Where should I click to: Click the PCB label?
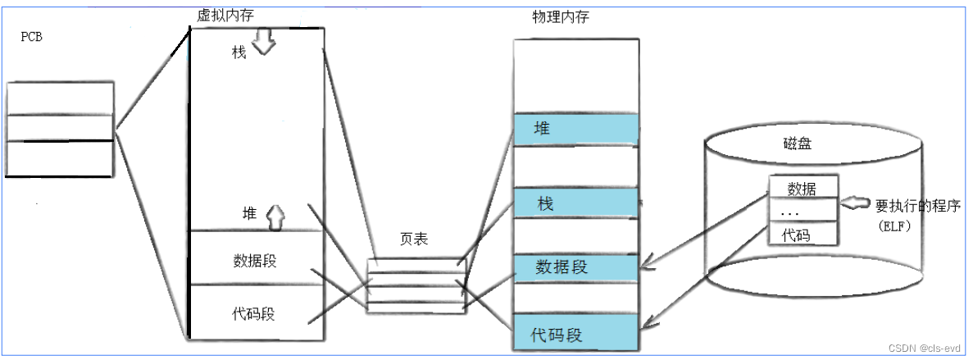tap(31, 37)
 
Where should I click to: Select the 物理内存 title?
tap(561, 17)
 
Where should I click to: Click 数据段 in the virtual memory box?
tap(254, 261)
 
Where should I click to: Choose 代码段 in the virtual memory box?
tap(253, 314)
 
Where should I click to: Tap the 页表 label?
tap(414, 239)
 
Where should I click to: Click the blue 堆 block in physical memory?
tap(575, 130)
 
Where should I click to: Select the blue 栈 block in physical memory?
tap(575, 203)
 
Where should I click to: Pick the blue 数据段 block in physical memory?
tap(575, 267)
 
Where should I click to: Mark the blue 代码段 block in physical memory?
tap(575, 333)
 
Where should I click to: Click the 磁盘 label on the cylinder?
tap(797, 144)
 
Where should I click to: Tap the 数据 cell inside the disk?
tap(803, 188)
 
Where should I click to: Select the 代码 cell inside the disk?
tap(803, 234)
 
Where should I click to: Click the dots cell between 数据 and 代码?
tap(803, 211)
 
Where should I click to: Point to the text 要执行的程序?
tap(918, 206)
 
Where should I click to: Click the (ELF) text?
tap(894, 227)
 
